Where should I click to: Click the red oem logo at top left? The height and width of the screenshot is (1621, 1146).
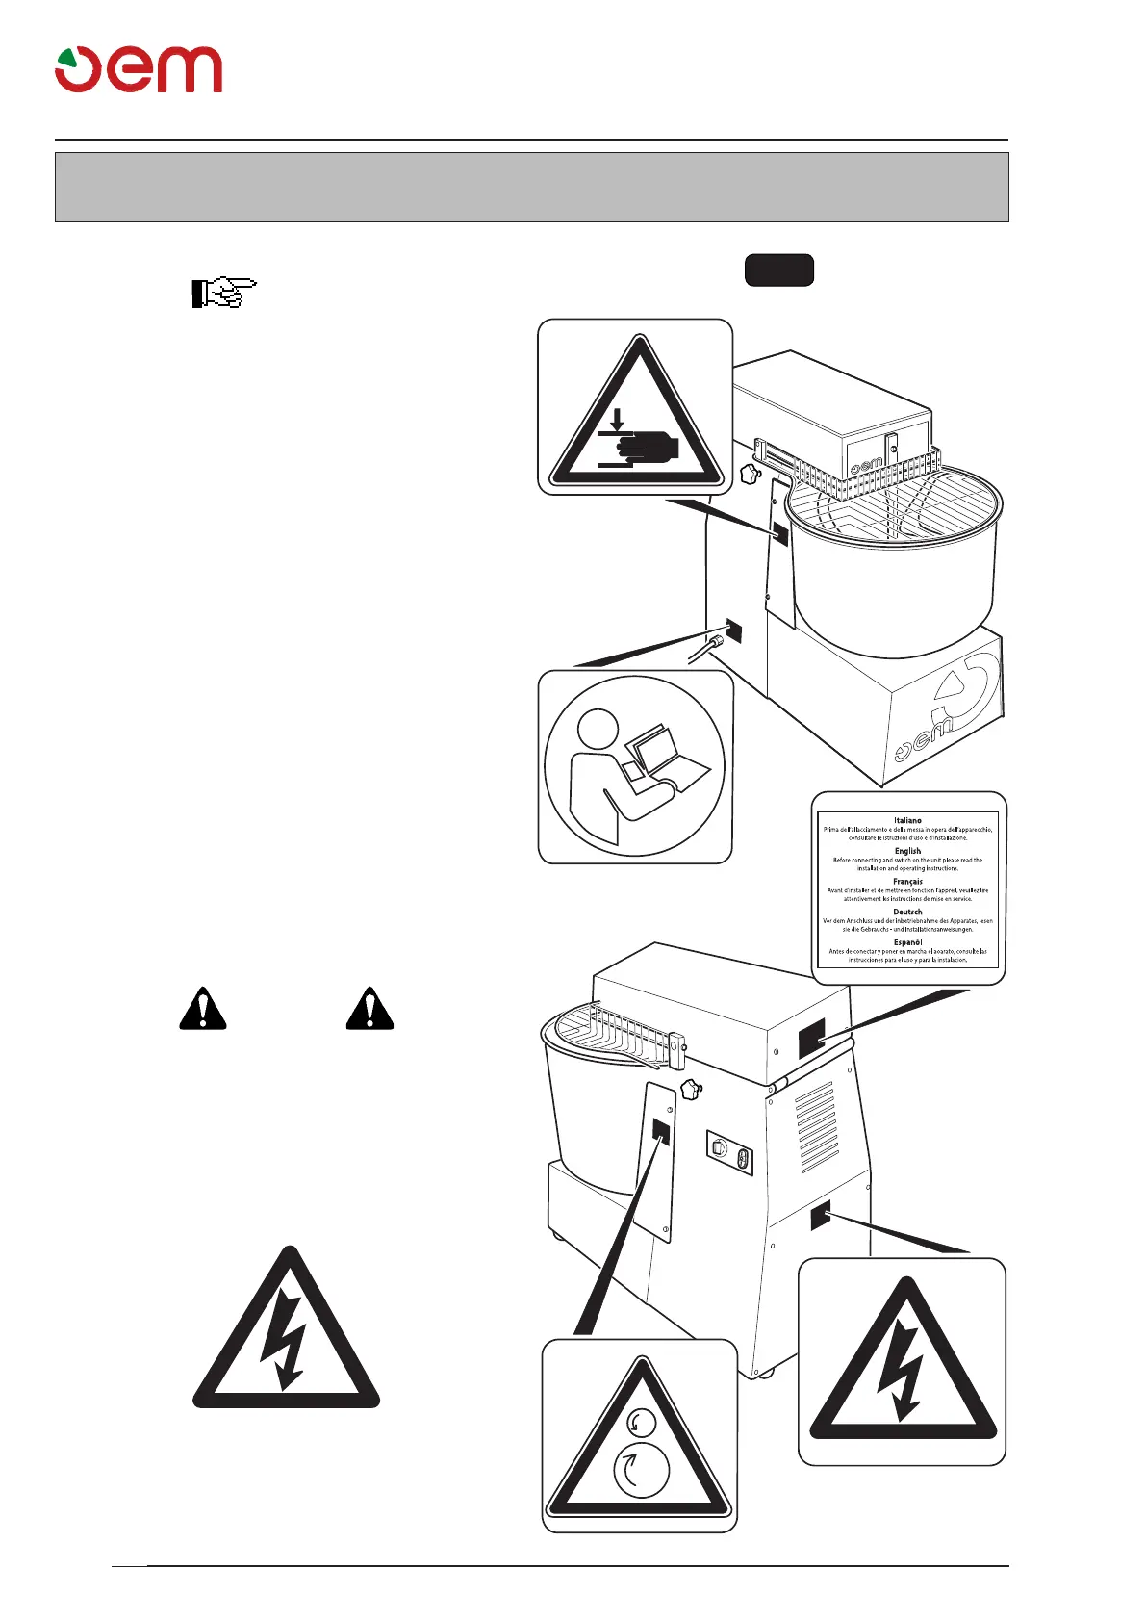[x=139, y=69]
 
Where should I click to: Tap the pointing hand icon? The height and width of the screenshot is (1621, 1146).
[x=224, y=293]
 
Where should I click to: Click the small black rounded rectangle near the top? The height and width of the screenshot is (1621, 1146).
[x=778, y=270]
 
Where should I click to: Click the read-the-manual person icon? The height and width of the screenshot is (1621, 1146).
[x=634, y=766]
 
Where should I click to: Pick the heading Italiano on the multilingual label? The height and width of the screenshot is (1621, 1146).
[x=907, y=820]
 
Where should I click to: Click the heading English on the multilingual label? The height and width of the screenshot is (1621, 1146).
[x=907, y=851]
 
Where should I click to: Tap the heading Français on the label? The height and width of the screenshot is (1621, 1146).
[x=907, y=881]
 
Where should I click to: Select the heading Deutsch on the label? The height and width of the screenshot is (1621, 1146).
[x=907, y=912]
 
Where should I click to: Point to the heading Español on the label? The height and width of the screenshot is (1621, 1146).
[x=907, y=941]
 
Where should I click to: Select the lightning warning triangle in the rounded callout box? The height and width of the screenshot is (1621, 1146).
[x=902, y=1365]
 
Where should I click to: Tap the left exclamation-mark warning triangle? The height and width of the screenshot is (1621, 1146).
[x=203, y=1009]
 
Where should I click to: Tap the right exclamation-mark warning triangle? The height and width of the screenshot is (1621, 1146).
[x=369, y=1009]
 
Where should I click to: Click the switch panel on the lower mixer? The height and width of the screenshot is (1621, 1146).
[x=729, y=1152]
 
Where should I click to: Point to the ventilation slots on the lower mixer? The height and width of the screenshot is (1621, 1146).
[x=816, y=1125]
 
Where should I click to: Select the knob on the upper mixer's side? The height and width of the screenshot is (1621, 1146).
[x=750, y=474]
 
